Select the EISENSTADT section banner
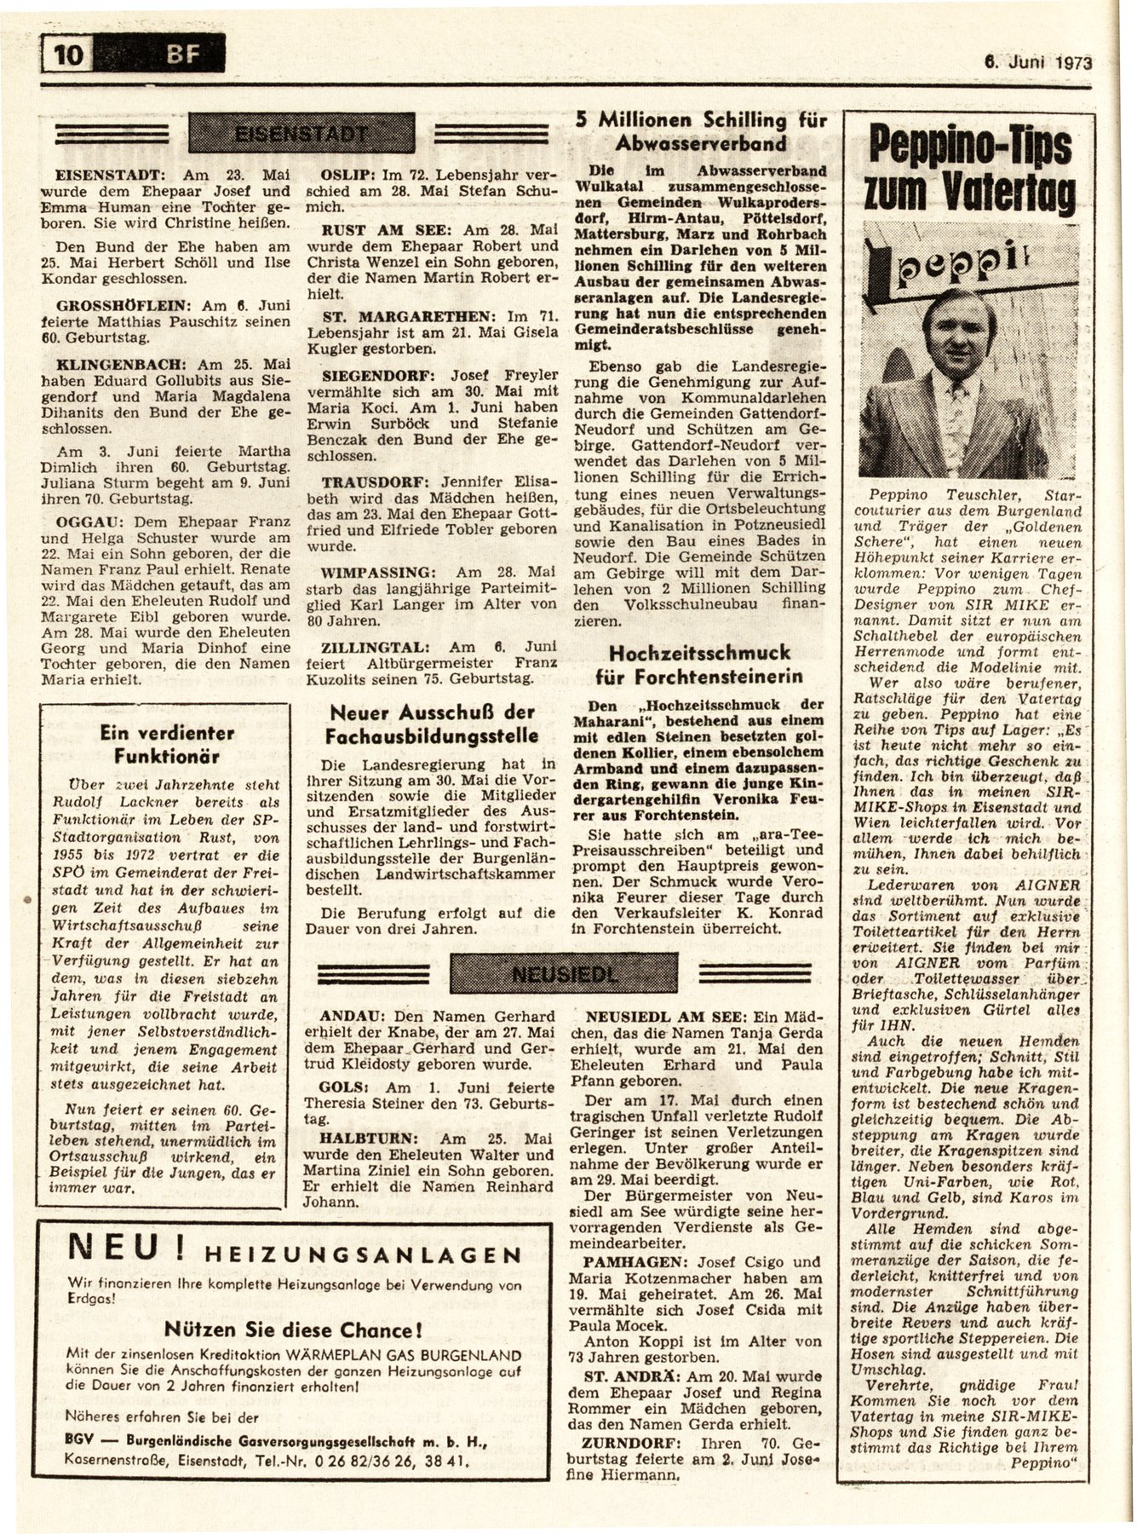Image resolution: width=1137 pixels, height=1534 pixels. coord(301,134)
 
